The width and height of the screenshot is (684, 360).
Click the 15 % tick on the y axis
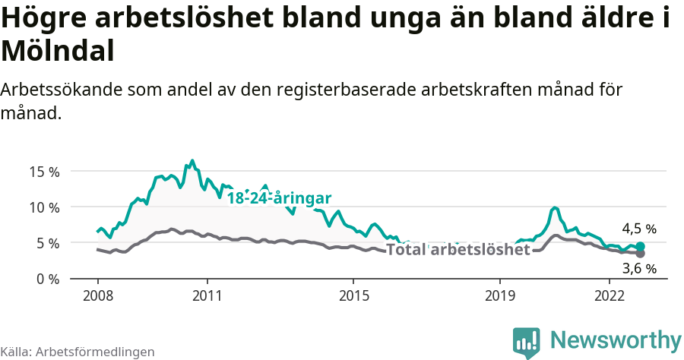tap(44, 171)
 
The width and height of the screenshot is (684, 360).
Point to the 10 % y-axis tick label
tap(44, 207)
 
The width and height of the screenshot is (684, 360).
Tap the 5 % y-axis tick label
tap(47, 243)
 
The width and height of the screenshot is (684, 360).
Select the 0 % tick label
tap(47, 279)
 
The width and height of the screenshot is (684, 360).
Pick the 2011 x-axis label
tap(207, 296)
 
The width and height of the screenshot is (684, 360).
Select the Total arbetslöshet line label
tap(458, 250)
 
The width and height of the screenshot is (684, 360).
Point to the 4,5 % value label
tap(638, 229)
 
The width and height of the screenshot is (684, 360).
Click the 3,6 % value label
tap(638, 268)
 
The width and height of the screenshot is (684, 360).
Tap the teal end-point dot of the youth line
tap(640, 246)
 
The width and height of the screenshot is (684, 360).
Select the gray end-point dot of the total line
tap(640, 254)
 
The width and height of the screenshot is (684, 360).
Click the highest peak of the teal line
tap(192, 161)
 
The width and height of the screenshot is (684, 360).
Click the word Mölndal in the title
tap(58, 51)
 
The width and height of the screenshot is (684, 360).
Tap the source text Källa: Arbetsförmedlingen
tap(78, 352)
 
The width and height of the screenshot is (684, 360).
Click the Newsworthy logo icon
tap(527, 343)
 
